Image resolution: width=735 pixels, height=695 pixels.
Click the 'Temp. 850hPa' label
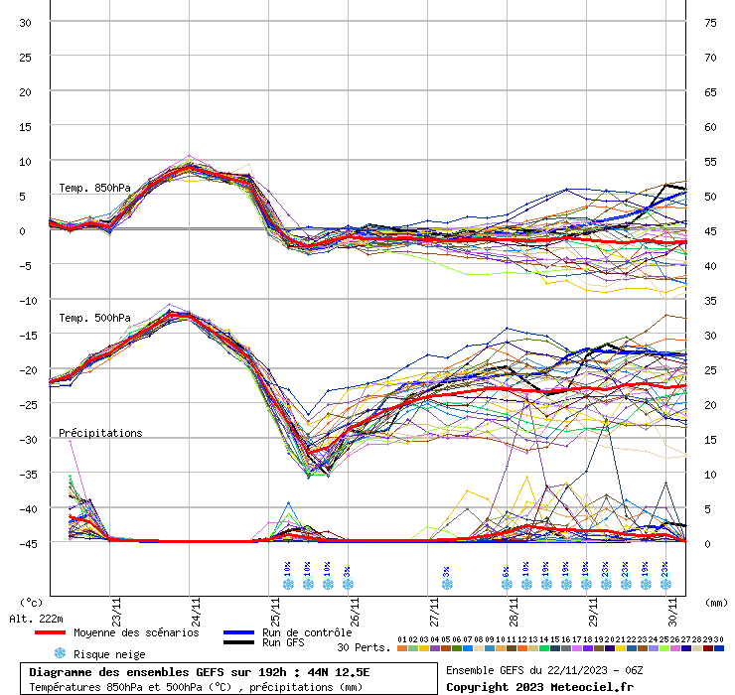point(94,188)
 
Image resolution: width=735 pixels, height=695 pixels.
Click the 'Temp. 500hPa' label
point(94,318)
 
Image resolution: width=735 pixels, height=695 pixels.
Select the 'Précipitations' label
point(100,433)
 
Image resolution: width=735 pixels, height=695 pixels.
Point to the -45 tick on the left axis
point(26,543)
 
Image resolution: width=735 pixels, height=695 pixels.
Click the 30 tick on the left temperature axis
point(26,22)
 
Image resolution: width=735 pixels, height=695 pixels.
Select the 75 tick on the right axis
point(710,22)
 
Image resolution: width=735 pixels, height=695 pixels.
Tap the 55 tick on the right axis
point(710,161)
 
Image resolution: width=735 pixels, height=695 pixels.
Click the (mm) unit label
point(716,602)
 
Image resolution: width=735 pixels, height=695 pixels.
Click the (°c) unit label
point(32,602)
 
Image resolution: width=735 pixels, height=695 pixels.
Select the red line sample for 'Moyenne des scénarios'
point(50,632)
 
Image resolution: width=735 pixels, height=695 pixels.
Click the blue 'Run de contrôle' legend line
point(238,632)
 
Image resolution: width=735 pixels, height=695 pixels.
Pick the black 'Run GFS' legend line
point(238,642)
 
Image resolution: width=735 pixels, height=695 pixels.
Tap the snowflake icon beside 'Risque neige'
point(60,653)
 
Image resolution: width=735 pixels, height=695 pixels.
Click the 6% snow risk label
point(507,572)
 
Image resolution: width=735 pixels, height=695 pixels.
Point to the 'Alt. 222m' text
point(37,619)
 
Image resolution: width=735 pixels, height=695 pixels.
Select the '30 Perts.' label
point(364,647)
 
